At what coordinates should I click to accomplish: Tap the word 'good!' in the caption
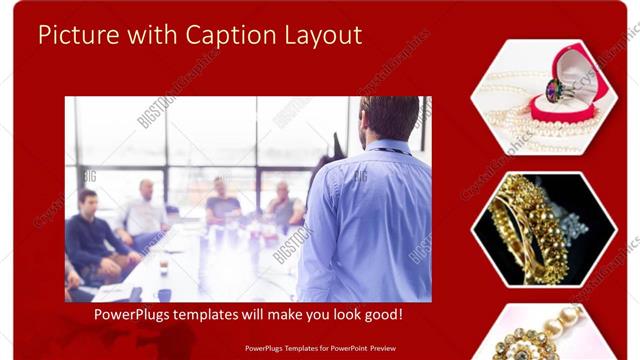tap(381, 315)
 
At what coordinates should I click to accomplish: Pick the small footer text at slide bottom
tap(319, 348)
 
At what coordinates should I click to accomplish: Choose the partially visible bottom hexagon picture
tap(543, 335)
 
